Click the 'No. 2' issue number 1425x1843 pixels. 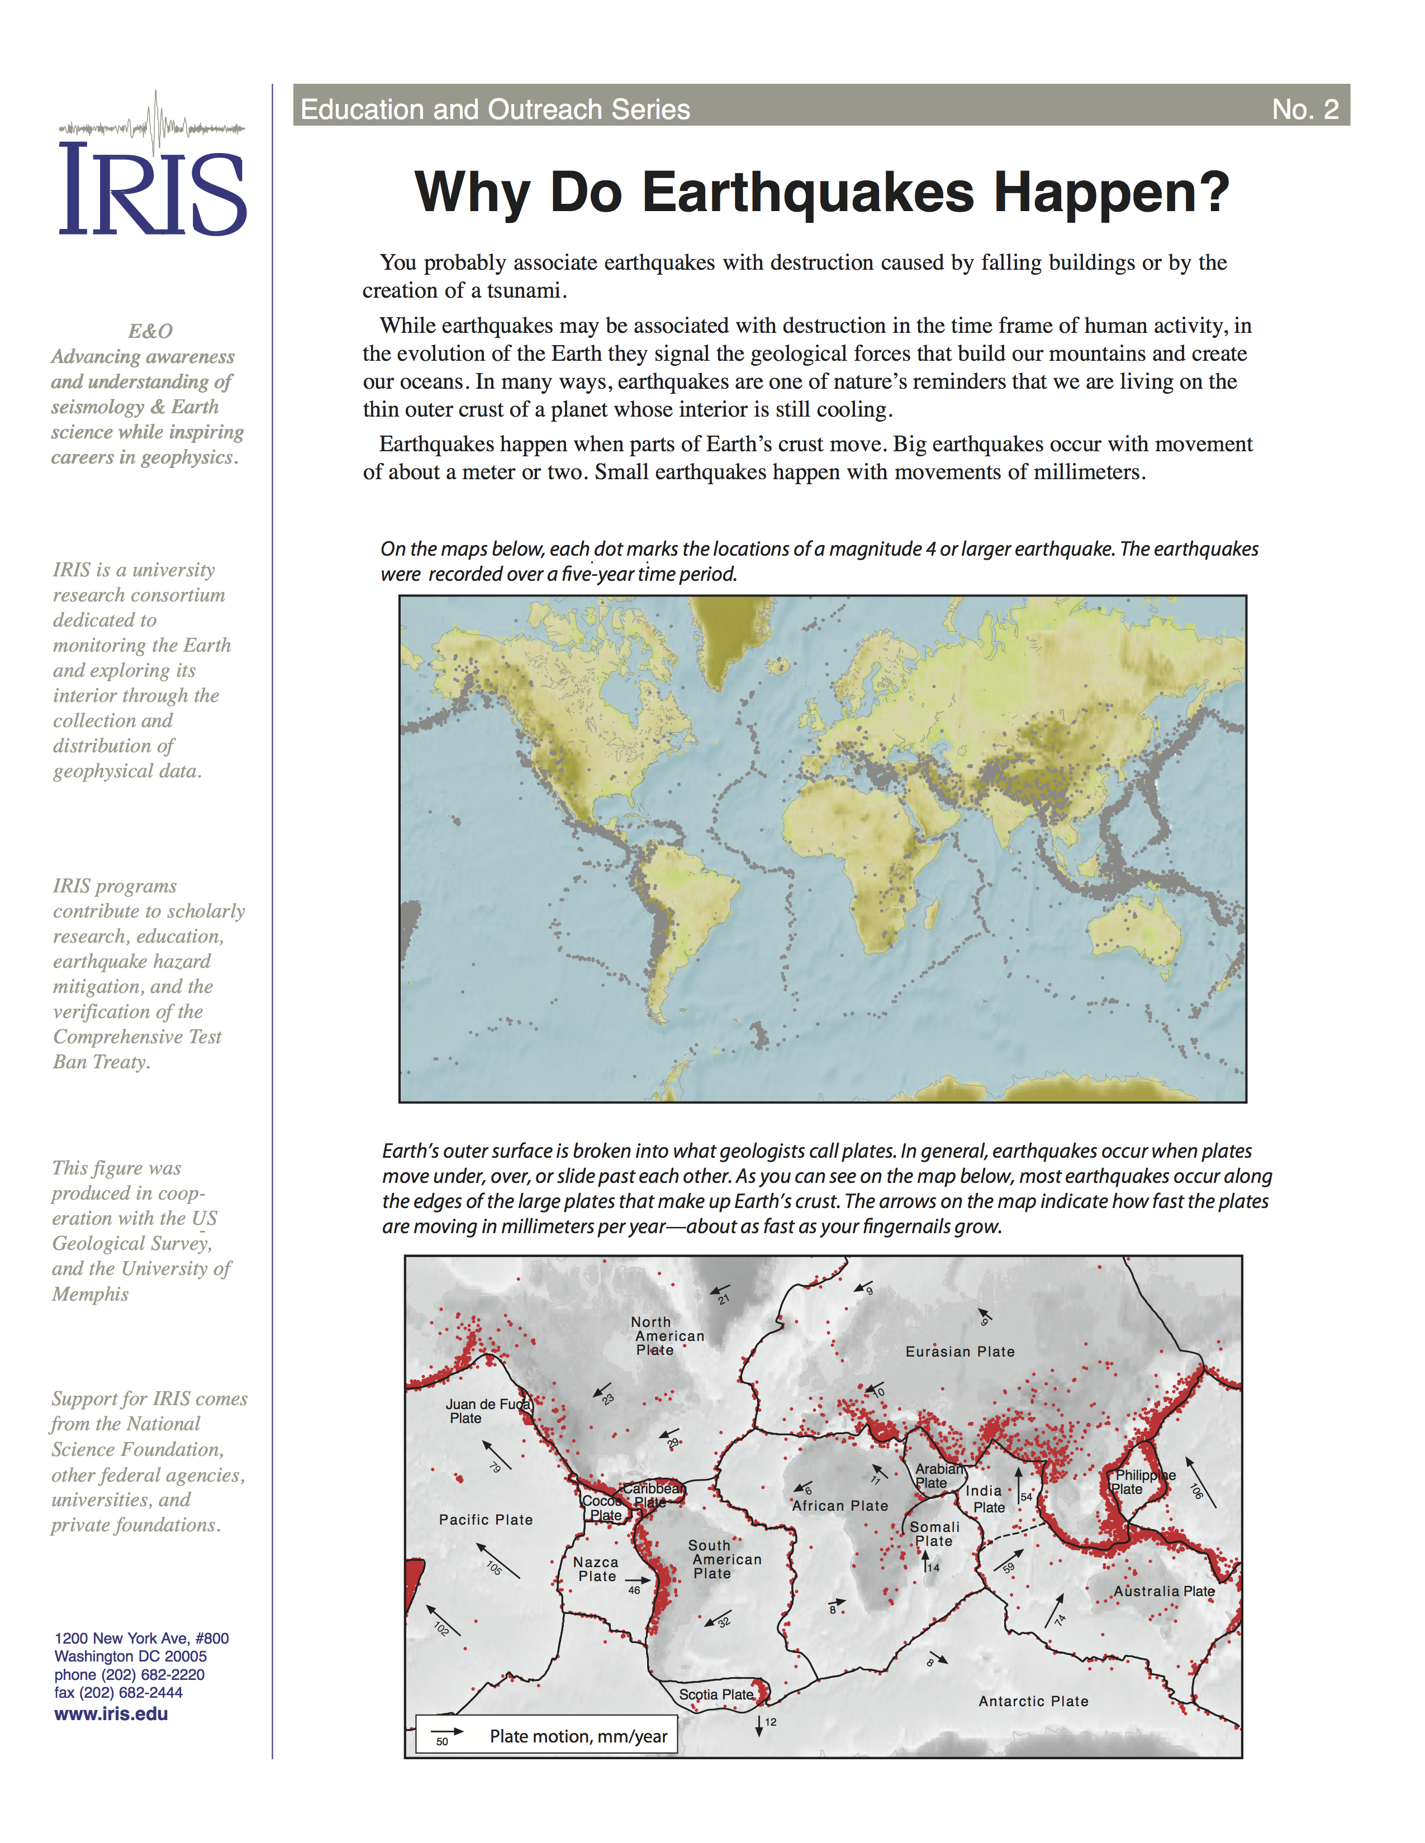(x=1304, y=109)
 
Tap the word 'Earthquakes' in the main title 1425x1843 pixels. (x=808, y=193)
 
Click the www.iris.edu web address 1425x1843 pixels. (x=111, y=1714)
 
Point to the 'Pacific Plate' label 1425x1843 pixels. (x=486, y=1520)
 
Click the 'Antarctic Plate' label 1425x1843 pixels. (x=1033, y=1701)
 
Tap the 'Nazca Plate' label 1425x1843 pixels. (x=596, y=1569)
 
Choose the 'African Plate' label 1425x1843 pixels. (x=840, y=1506)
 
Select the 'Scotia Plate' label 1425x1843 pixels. (x=716, y=1694)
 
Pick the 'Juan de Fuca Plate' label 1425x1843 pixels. (x=486, y=1411)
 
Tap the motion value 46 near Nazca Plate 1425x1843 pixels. (x=634, y=1591)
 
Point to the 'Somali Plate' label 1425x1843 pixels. (x=934, y=1534)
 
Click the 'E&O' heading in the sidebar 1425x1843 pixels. (x=150, y=331)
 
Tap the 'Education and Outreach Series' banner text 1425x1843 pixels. (x=496, y=109)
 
